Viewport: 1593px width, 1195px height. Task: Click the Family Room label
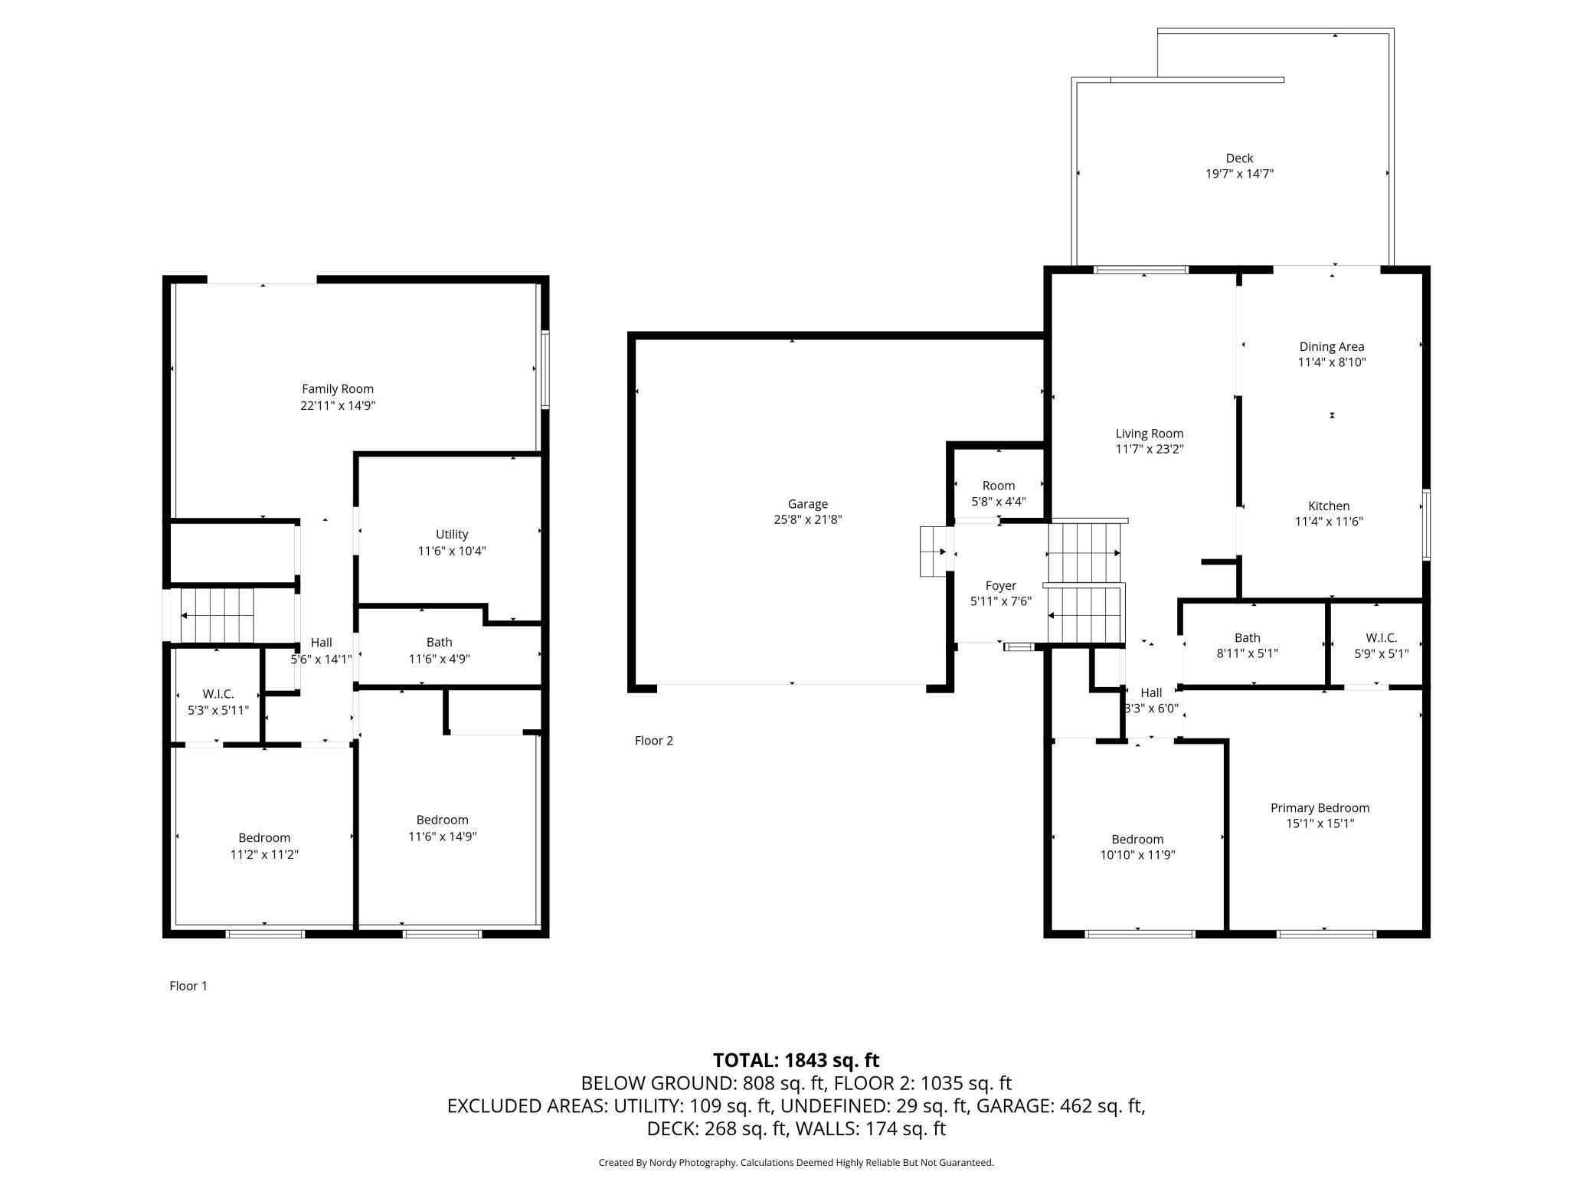338,389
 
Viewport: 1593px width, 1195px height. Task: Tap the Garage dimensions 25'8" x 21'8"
808,520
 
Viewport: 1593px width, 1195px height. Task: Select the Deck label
1239,159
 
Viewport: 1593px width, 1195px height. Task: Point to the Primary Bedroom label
1320,807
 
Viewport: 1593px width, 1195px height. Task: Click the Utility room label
452,535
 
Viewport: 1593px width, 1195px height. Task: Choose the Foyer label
1001,586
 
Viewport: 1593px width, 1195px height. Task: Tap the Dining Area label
1332,347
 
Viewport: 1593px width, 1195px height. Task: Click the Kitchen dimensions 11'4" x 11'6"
1329,522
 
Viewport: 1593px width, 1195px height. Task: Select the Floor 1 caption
188,986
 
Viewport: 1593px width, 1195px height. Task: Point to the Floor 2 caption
654,741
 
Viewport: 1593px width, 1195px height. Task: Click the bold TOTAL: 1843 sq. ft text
796,1060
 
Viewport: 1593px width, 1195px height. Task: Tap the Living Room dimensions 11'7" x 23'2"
1150,450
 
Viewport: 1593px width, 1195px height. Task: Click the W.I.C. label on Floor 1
218,694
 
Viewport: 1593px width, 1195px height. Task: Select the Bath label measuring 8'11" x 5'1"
1248,637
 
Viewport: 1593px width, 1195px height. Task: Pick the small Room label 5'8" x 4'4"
999,486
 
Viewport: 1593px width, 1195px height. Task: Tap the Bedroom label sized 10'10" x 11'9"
1138,840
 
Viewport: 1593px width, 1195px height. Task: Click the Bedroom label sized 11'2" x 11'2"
264,838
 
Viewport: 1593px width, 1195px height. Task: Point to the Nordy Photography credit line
796,1162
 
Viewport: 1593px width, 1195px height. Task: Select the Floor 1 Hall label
322,643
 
